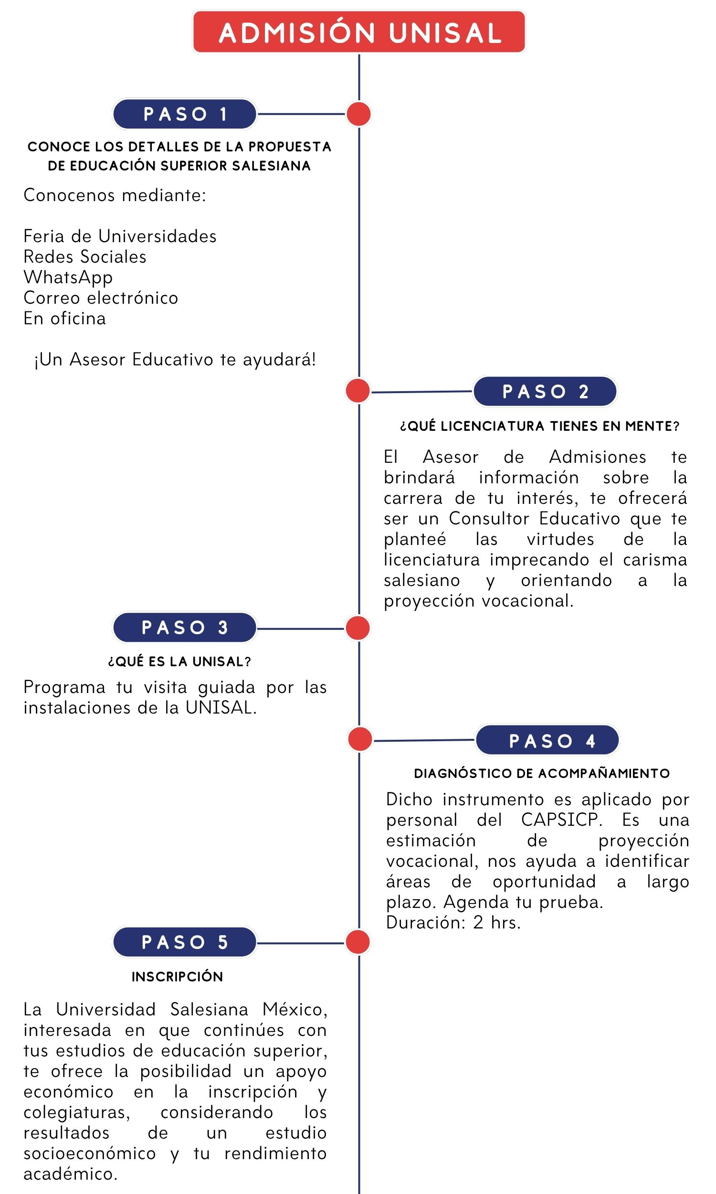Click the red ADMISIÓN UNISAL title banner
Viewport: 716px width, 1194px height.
358,32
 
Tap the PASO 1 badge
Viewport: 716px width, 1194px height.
185,114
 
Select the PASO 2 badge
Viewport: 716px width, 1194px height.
545,392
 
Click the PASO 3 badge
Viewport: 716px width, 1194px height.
185,628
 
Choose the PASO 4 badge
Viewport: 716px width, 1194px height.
547,740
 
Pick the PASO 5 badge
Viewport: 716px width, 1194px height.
185,942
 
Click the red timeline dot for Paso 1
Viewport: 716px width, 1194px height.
358,114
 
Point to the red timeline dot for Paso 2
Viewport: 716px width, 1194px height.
358,391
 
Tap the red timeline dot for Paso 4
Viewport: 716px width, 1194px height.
359,739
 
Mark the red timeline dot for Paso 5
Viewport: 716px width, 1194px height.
358,942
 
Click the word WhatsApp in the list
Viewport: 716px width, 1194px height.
68,277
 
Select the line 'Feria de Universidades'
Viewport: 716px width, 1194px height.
120,236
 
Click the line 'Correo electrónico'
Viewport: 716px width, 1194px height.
101,298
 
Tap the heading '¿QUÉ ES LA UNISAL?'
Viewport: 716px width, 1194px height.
179,661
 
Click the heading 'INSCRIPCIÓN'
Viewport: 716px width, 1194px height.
177,976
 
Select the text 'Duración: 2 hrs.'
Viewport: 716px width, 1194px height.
453,922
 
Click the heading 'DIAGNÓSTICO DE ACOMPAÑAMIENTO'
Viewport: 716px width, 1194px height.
542,773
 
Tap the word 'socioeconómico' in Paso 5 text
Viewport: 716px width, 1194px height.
90,1153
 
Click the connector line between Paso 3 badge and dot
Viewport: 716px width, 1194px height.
301,629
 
